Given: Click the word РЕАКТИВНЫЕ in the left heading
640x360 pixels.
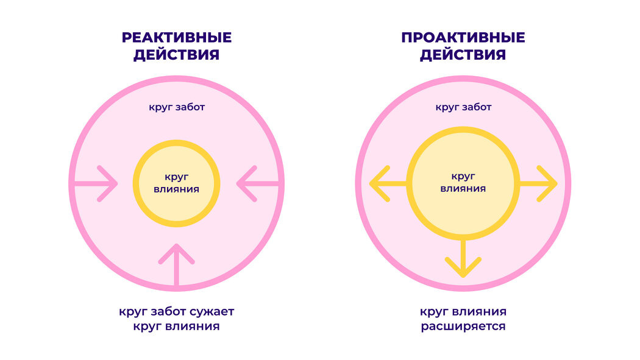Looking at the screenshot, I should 177,38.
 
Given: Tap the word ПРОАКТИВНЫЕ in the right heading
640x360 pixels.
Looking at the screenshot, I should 463,38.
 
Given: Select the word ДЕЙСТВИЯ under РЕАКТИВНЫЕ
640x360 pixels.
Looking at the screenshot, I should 177,55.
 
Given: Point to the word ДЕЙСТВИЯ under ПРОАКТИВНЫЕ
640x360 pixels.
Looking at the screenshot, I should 463,55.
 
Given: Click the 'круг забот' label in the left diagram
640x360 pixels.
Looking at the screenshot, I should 177,107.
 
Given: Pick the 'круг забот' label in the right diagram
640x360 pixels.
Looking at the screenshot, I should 463,107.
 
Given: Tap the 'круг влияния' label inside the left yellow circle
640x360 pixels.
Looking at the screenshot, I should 177,183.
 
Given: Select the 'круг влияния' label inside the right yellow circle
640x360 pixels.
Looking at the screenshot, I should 463,182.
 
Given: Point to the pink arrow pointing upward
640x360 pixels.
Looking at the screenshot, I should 177,265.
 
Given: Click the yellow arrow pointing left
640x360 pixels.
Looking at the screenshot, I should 389,183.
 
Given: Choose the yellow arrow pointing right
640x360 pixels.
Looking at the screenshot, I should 538,183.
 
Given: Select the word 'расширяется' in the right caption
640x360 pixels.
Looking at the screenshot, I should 463,326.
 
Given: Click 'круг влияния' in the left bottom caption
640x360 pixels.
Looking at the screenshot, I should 177,326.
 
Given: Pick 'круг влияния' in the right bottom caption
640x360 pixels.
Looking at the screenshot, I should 463,312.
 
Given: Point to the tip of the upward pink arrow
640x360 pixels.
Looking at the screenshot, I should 177,246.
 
